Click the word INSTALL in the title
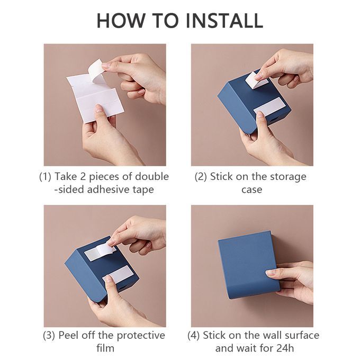pos(224,21)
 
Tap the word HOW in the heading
pos(121,21)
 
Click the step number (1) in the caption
pos(45,176)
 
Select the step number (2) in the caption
pos(201,176)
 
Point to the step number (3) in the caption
pos(49,336)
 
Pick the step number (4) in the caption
pos(193,336)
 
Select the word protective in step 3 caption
pos(141,336)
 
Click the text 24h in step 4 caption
pos(285,348)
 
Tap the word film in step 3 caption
pos(105,348)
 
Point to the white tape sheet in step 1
pos(95,101)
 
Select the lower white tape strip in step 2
pos(269,107)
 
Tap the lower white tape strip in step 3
pos(117,274)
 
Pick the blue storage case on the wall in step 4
pos(249,265)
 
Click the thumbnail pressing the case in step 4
pos(271,273)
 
